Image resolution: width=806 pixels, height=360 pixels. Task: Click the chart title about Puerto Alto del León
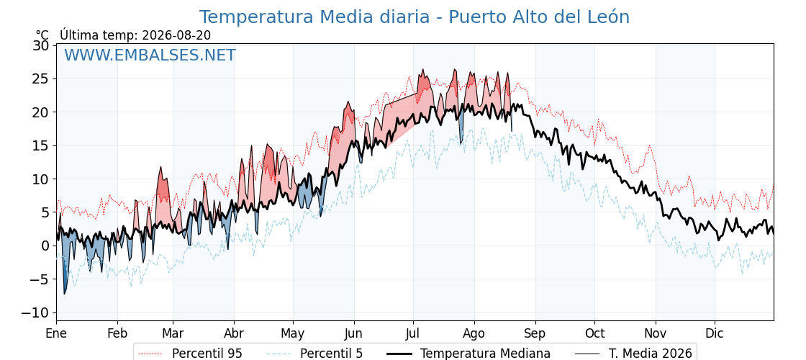[415, 17]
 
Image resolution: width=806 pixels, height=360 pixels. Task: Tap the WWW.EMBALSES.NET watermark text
[150, 55]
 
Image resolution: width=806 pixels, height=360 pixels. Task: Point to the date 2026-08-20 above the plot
[176, 35]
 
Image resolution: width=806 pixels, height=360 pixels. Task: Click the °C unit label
[42, 35]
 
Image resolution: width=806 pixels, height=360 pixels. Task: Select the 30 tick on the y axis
[41, 46]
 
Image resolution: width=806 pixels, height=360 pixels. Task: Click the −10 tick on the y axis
[35, 312]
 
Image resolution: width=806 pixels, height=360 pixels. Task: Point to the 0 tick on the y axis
[45, 246]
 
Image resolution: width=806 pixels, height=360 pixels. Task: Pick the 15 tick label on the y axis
[41, 146]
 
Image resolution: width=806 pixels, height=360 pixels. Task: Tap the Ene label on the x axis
[57, 333]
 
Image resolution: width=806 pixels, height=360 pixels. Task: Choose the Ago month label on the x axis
[474, 333]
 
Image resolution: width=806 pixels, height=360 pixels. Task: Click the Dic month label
[715, 333]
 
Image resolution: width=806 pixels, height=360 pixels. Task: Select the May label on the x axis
[293, 333]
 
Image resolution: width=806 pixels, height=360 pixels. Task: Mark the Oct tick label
[594, 333]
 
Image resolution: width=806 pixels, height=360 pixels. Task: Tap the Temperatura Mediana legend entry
[467, 354]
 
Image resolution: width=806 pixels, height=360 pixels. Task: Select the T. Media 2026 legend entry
[634, 354]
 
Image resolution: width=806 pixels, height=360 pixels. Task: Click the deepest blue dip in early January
[65, 294]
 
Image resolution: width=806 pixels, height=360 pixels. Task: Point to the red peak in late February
[160, 168]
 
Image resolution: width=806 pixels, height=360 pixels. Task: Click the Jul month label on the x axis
[413, 333]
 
